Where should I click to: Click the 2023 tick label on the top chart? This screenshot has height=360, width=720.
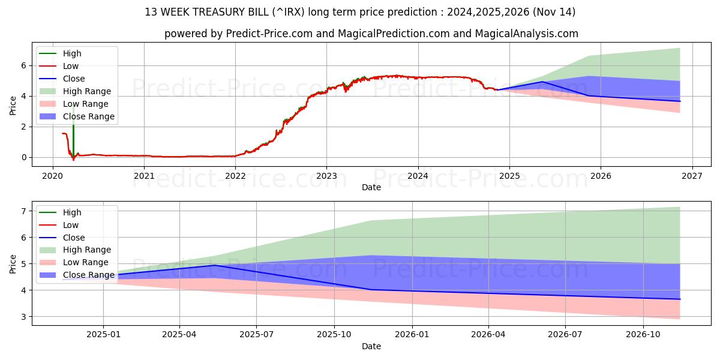coord(326,176)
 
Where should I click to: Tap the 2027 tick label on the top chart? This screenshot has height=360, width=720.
coord(692,176)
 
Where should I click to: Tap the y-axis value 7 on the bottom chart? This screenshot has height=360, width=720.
coord(24,211)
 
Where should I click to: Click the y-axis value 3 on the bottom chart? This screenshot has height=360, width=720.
coord(24,317)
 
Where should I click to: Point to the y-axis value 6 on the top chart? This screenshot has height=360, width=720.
coord(24,65)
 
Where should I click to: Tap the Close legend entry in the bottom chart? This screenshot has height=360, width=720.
coord(74,238)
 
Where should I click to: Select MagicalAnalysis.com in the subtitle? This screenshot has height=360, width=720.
coord(526,34)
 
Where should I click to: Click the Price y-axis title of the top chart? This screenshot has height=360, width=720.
coord(13,106)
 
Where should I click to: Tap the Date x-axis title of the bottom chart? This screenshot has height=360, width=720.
coord(371,346)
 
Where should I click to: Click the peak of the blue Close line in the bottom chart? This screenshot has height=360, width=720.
coord(214,265)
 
